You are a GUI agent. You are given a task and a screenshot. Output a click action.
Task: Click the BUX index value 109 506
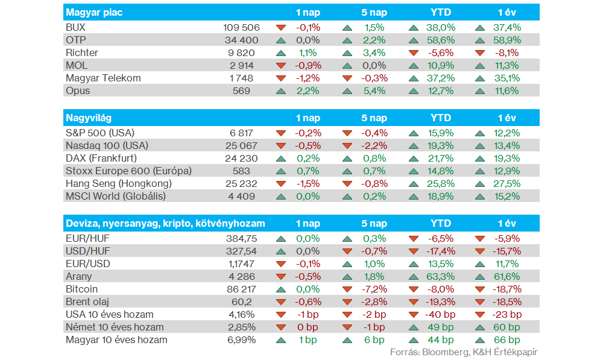pyautogui.click(x=241, y=27)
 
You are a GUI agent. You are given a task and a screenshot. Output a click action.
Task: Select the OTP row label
pyautogui.click(x=76, y=40)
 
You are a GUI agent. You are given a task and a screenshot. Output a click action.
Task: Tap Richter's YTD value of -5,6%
pyautogui.click(x=441, y=52)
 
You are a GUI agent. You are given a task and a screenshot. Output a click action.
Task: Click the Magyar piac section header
pyautogui.click(x=94, y=12)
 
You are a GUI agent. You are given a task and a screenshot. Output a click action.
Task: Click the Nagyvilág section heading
pyautogui.click(x=89, y=118)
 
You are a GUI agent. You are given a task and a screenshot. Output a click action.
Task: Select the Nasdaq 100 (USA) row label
pyautogui.click(x=107, y=145)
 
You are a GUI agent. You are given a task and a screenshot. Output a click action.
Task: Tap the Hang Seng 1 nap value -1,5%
pyautogui.click(x=308, y=183)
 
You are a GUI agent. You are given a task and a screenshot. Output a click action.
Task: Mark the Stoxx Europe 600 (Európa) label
pyautogui.click(x=128, y=171)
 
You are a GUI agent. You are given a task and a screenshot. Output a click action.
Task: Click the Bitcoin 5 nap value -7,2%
pyautogui.click(x=374, y=289)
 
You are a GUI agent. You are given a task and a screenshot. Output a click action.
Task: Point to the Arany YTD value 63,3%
pyautogui.click(x=441, y=276)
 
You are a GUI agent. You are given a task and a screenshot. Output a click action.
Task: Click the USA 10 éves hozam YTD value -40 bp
pyautogui.click(x=440, y=314)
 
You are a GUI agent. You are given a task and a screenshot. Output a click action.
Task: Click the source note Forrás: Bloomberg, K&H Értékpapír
pyautogui.click(x=464, y=352)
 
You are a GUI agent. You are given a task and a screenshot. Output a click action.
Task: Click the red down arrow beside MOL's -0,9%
pyautogui.click(x=281, y=65)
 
